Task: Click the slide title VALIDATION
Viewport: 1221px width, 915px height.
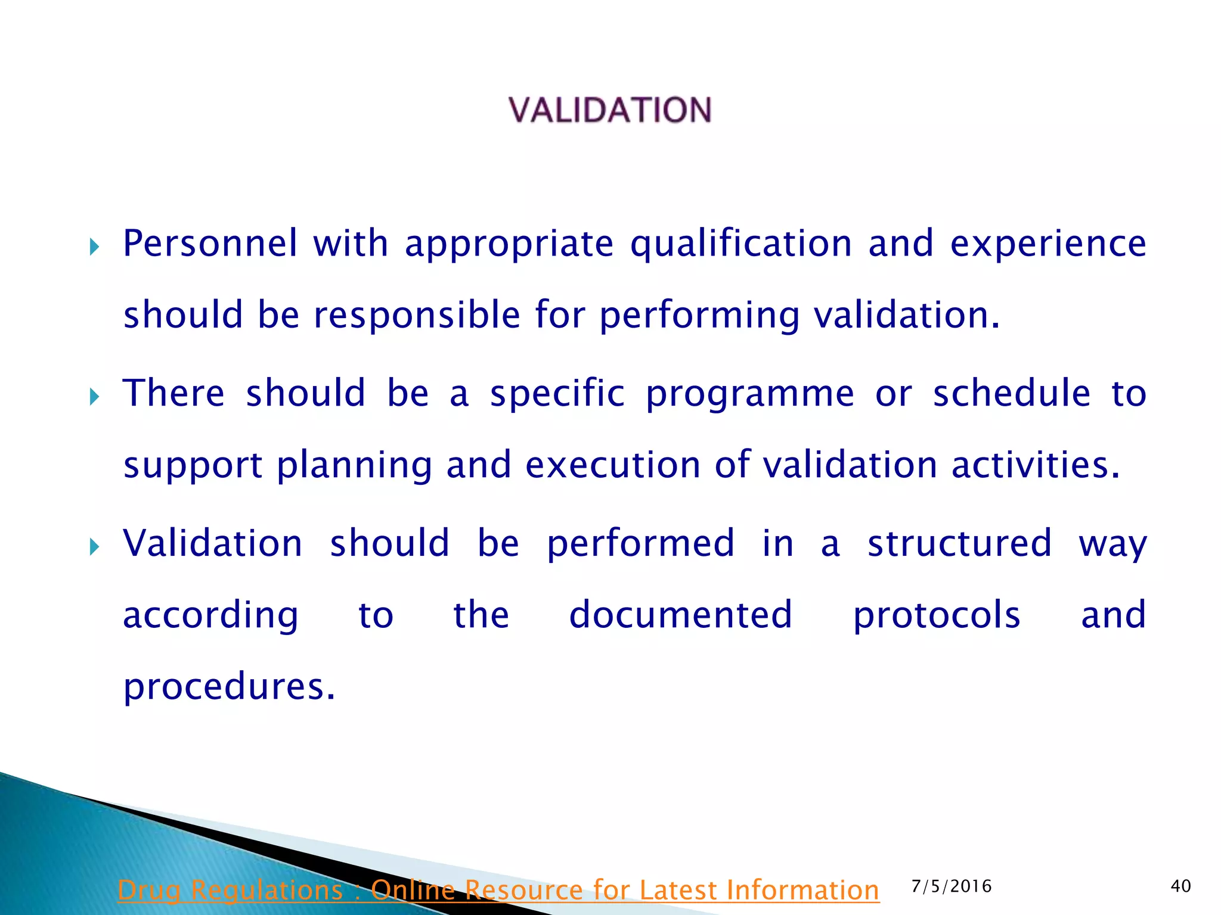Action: (x=610, y=111)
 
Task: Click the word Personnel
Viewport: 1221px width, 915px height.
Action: (x=210, y=244)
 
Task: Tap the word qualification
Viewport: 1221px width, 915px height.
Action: (x=741, y=245)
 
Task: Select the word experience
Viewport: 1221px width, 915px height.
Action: (x=1048, y=245)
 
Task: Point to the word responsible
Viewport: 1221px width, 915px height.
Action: (x=417, y=315)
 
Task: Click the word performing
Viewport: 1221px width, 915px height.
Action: (x=699, y=316)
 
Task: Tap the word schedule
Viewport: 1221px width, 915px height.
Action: (x=1011, y=394)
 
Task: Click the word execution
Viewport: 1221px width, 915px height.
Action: (x=612, y=465)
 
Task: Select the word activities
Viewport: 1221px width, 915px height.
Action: (x=1036, y=465)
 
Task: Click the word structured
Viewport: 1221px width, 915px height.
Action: (x=959, y=544)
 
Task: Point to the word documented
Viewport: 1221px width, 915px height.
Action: (x=680, y=615)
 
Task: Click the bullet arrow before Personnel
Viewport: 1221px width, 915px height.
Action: (x=94, y=247)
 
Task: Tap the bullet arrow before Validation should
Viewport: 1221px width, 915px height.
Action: (x=94, y=546)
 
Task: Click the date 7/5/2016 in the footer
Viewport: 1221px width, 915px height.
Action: (x=952, y=886)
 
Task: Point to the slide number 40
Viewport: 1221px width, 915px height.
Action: (x=1180, y=886)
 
